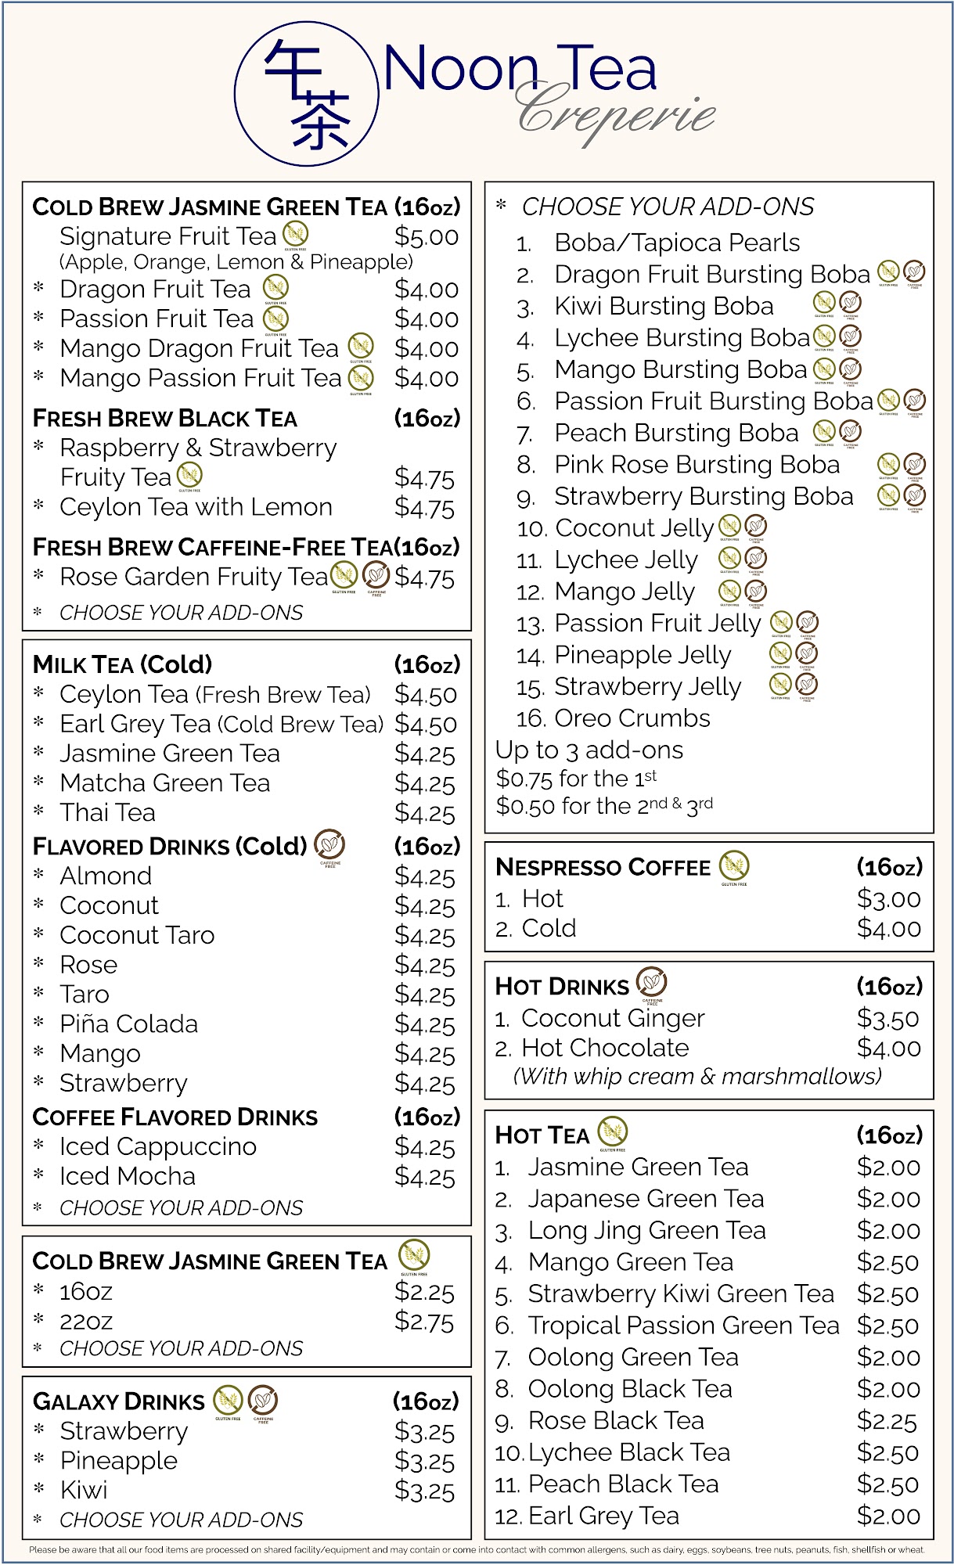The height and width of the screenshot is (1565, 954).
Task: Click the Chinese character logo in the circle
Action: click(307, 94)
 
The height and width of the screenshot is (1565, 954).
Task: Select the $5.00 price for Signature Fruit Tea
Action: click(427, 236)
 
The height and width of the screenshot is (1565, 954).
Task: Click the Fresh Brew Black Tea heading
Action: click(165, 419)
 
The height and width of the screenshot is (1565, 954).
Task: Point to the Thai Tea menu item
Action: click(108, 813)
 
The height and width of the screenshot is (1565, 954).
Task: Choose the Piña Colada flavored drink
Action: click(129, 1024)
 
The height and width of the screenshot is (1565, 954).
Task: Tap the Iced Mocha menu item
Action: click(128, 1176)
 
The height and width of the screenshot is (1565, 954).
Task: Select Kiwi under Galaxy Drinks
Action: click(84, 1490)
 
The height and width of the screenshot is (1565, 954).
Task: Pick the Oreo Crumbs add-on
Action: click(632, 718)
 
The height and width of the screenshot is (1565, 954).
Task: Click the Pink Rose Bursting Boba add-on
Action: click(697, 465)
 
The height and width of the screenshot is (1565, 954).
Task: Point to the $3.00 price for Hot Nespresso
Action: click(889, 899)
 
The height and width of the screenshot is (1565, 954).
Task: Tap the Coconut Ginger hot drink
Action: click(613, 1018)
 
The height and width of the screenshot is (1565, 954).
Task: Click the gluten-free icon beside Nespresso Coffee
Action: click(734, 865)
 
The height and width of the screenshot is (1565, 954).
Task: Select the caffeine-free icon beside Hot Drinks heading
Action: click(652, 982)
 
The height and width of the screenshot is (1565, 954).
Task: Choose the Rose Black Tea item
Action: click(616, 1420)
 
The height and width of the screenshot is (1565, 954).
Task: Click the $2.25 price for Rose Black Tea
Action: click(887, 1421)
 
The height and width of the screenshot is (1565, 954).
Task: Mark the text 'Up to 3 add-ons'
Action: click(590, 750)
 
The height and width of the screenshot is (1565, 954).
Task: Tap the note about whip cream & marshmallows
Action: click(697, 1077)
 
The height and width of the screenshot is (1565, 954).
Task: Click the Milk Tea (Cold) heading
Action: click(123, 664)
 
